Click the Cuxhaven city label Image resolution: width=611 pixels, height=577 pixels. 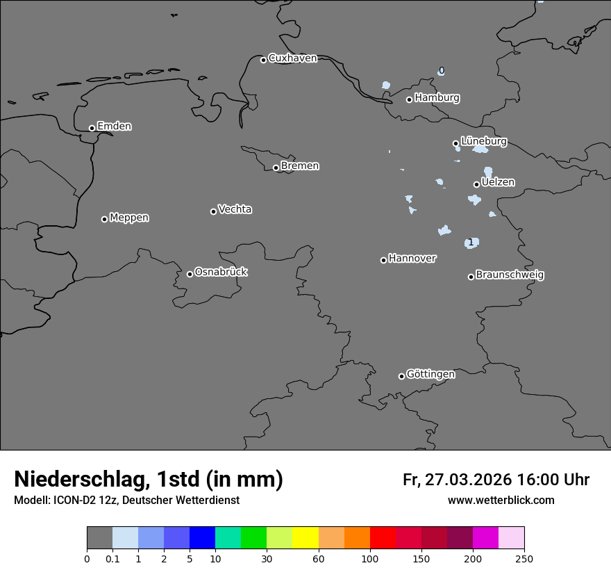click(292, 58)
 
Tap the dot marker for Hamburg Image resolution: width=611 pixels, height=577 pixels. click(409, 99)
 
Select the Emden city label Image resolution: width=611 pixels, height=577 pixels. click(114, 127)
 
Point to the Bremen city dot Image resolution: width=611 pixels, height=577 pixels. click(276, 168)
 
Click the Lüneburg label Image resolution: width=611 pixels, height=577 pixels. click(483, 141)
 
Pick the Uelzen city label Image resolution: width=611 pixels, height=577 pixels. click(498, 182)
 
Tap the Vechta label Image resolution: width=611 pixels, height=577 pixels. click(235, 209)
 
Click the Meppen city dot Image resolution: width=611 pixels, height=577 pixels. click(104, 219)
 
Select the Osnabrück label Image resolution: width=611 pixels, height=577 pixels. click(221, 272)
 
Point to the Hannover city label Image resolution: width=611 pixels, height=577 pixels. click(412, 259)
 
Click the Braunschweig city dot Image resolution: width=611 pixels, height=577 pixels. click(471, 277)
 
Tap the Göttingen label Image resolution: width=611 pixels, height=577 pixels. click(430, 374)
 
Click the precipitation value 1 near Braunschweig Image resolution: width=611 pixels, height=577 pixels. click(471, 242)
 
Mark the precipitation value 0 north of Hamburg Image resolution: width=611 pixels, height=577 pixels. click(441, 71)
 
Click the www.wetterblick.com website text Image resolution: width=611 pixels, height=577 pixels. click(501, 500)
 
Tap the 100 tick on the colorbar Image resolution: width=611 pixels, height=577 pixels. click(370, 558)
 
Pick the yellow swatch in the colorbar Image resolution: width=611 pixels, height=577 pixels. click(305, 538)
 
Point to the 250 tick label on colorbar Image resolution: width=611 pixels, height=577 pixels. click(524, 558)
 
